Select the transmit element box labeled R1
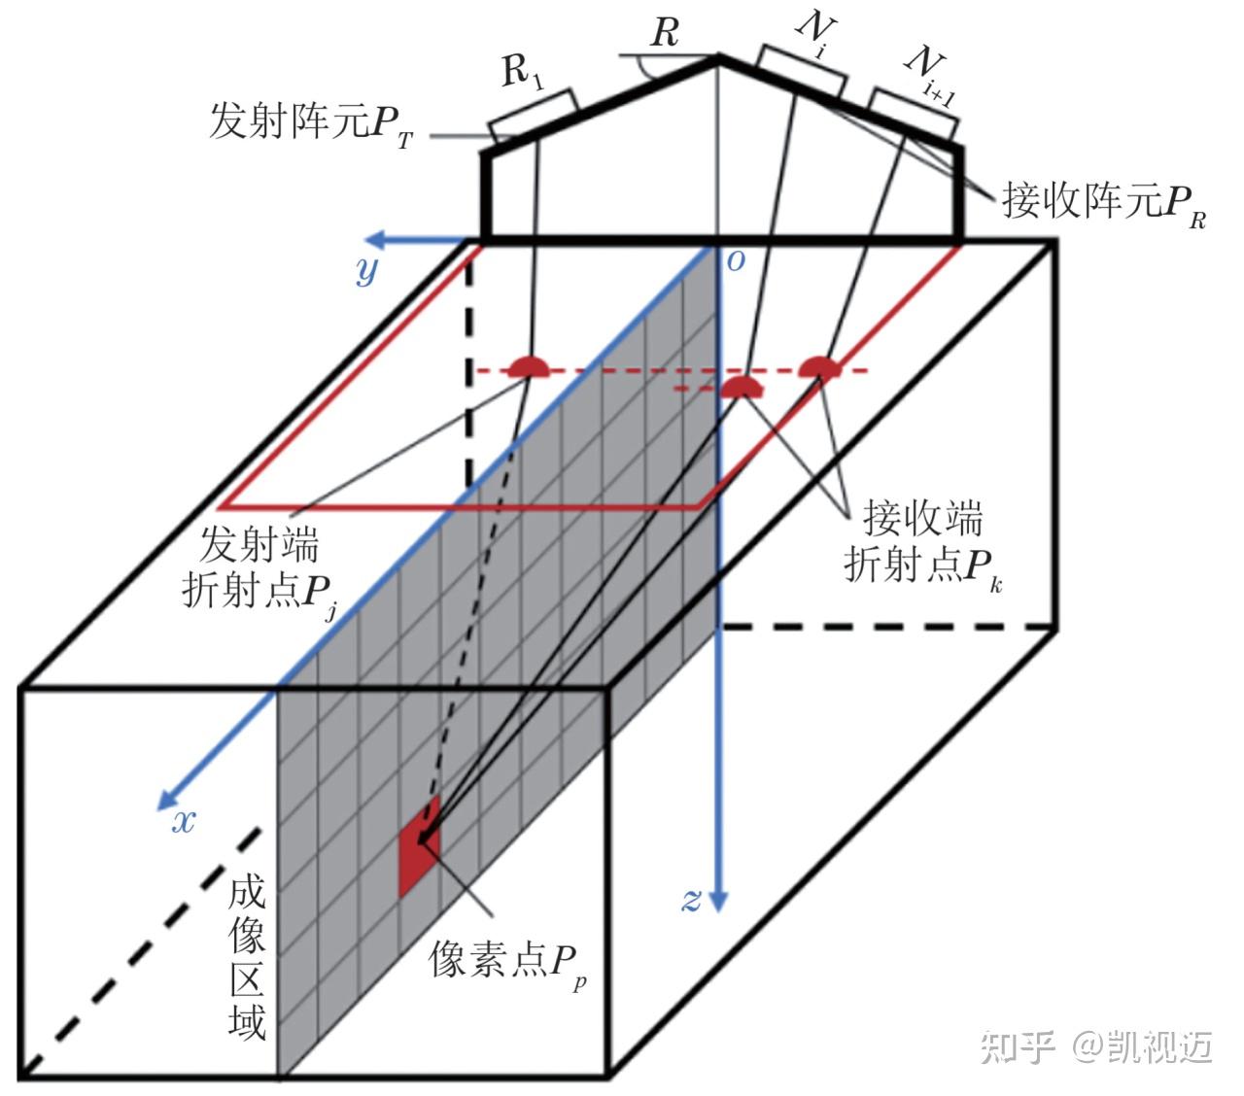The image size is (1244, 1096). (533, 117)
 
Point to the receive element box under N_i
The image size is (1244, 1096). (801, 71)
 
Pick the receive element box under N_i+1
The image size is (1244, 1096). (914, 113)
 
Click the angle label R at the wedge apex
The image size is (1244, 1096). (664, 34)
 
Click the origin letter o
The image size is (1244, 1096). (736, 260)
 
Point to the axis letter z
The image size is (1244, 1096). (690, 900)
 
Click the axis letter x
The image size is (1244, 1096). (183, 822)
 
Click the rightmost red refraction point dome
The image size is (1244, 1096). (819, 367)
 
